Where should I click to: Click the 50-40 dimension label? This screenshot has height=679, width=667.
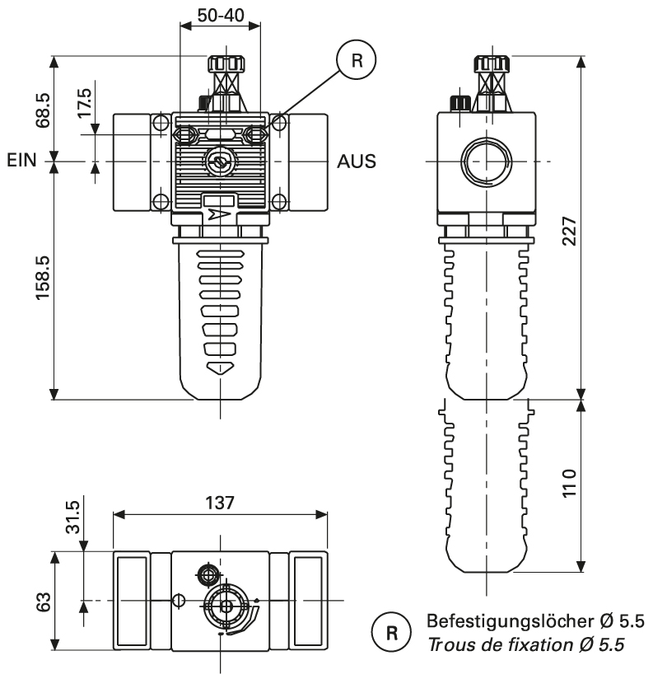[220, 14]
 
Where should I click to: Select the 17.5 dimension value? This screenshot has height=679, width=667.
[85, 106]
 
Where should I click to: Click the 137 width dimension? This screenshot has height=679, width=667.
[220, 502]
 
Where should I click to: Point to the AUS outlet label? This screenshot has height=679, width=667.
[357, 161]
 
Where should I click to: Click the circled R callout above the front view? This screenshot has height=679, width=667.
[356, 59]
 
